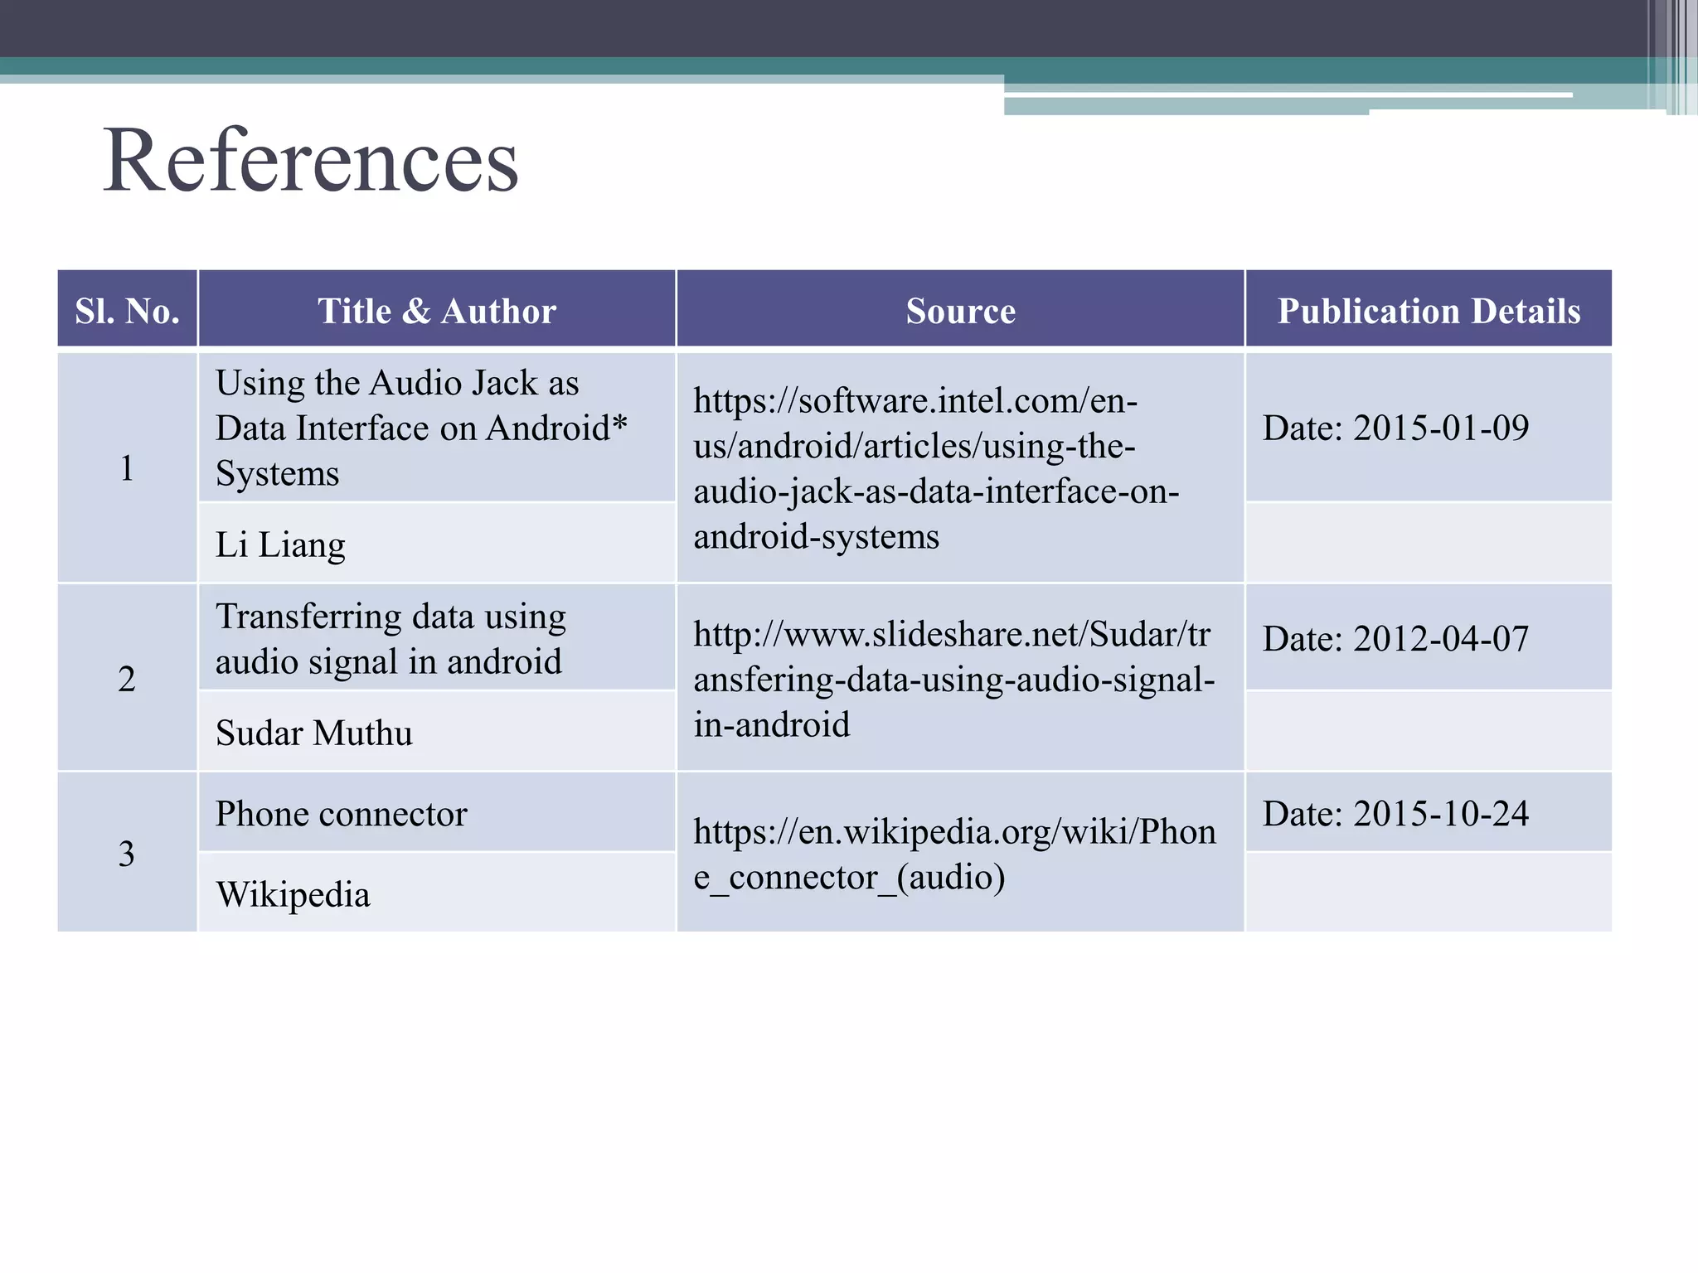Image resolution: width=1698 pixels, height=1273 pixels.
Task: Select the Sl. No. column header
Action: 127,311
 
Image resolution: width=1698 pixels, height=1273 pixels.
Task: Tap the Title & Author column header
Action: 437,311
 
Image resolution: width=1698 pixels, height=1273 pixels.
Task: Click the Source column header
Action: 960,311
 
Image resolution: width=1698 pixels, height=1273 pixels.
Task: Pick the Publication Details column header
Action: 1429,311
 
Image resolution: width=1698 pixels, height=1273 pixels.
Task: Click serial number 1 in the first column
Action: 127,468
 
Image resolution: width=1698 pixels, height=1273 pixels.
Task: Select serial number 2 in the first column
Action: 127,679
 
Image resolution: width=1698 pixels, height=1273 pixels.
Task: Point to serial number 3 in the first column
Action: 127,854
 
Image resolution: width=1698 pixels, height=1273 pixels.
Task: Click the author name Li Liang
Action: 280,545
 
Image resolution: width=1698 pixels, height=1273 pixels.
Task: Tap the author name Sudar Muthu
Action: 313,733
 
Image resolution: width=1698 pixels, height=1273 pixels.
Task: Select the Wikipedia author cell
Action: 293,895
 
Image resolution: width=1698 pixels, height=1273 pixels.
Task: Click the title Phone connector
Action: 341,814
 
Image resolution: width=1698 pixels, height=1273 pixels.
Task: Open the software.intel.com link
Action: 935,468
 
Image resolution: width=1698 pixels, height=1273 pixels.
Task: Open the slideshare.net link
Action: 953,680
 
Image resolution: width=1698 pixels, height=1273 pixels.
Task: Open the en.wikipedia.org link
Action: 953,854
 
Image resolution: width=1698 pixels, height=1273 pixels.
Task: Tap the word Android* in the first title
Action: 556,428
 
